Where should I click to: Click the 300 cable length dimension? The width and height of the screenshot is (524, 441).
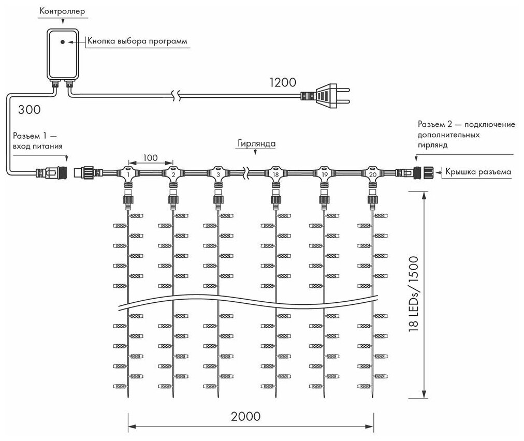click(30, 110)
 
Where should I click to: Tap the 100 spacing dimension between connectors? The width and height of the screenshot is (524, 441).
click(150, 156)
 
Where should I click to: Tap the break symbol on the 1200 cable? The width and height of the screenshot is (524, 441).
click(177, 95)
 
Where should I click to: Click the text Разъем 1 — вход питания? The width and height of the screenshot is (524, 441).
click(39, 141)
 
